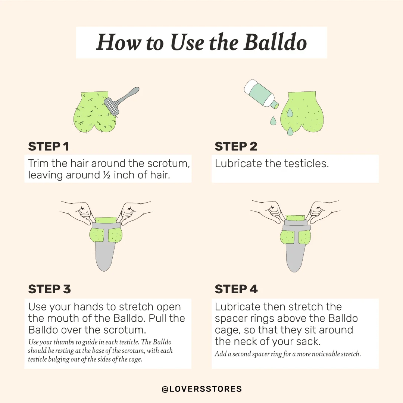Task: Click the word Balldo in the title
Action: coord(275,42)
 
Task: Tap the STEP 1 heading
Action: coord(49,147)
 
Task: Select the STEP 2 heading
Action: coord(236,147)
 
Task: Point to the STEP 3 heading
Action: coord(49,289)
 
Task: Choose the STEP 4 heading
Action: coord(236,289)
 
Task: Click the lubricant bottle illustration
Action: coord(261,94)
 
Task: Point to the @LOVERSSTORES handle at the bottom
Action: coord(202,389)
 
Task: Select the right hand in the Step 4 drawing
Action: coord(325,209)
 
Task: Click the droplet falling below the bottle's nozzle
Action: coord(273,121)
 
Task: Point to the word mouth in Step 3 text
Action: coord(63,318)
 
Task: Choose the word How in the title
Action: coord(119,42)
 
